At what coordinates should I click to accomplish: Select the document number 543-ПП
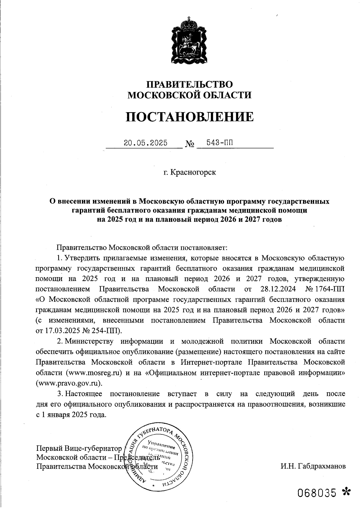(x=216, y=142)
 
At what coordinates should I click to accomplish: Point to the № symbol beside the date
(x=190, y=144)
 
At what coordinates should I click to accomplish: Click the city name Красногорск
(x=193, y=173)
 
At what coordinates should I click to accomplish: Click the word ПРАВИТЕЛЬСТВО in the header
(x=189, y=84)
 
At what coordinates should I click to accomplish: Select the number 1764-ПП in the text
(x=329, y=289)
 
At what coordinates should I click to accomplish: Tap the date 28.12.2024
(x=277, y=289)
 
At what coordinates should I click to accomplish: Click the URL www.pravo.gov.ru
(x=67, y=383)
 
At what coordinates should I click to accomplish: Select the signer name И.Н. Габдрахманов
(x=313, y=466)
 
